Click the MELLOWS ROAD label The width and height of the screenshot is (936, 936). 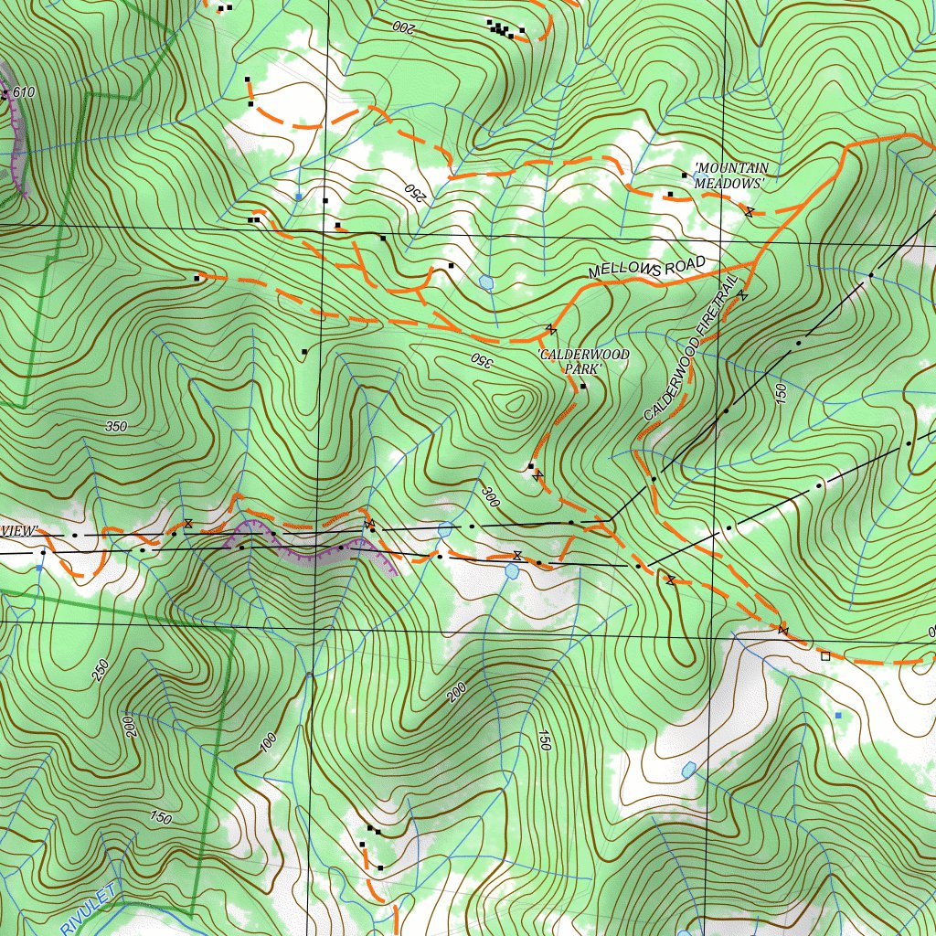tap(647, 268)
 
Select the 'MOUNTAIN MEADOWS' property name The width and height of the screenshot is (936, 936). tap(730, 175)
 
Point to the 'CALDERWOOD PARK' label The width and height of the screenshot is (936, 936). tap(570, 362)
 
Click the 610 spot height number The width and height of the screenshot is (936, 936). tap(24, 92)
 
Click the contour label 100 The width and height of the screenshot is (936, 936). tap(267, 742)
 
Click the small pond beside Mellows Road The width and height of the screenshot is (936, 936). tap(486, 283)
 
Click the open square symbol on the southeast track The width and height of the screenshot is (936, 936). tap(825, 655)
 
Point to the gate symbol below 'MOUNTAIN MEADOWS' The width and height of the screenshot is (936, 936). tap(749, 212)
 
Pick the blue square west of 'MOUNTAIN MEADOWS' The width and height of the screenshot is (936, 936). tap(298, 197)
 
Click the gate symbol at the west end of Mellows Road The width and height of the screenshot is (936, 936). tap(550, 328)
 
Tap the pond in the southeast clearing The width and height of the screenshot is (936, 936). tap(689, 770)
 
